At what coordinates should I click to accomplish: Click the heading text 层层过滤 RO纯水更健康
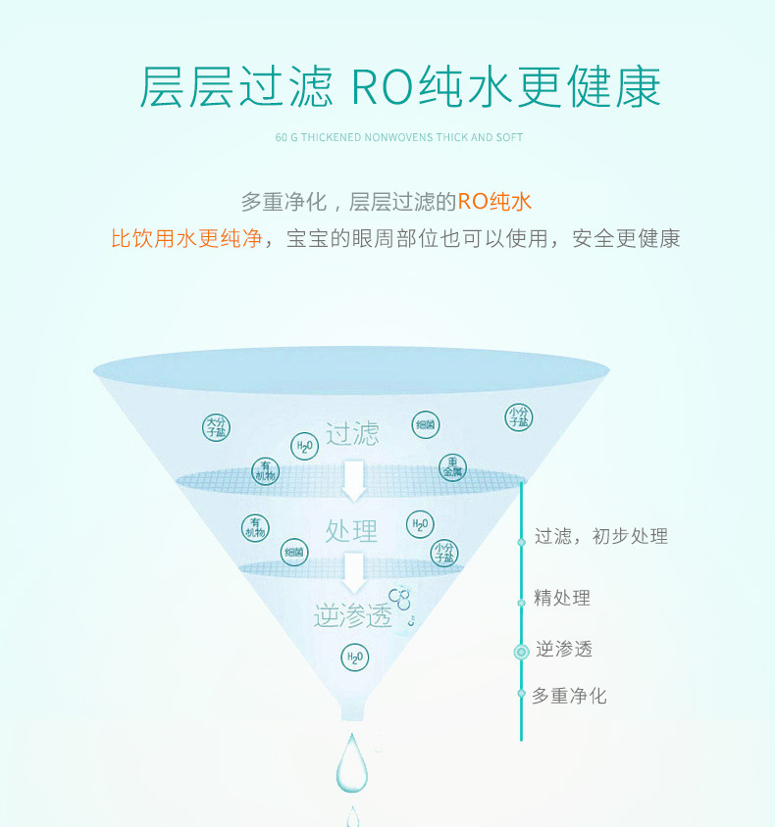pos(399,86)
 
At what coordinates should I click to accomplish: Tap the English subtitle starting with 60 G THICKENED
pos(399,137)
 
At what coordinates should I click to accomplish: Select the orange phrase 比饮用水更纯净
pos(186,238)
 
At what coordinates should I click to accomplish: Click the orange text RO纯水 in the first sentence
pos(494,203)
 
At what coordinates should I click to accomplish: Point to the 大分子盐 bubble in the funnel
pos(217,427)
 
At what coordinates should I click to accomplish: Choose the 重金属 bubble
pos(452,467)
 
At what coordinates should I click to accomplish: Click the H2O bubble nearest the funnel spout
pos(354,657)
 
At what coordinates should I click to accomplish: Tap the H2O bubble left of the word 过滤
pos(304,447)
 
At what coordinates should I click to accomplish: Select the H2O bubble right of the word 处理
pos(420,524)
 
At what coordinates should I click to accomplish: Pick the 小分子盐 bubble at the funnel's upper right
pos(519,417)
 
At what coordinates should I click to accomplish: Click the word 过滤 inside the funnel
pos(352,434)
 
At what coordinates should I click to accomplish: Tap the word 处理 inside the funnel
pos(351,531)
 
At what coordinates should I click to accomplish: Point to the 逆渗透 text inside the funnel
pos(352,615)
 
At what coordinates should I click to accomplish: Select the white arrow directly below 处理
pos(353,571)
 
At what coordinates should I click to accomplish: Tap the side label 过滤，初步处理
pos(600,536)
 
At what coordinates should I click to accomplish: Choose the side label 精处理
pos(562,598)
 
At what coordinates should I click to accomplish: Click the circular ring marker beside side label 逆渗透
pos(522,651)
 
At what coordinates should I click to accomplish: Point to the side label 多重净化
pos(569,696)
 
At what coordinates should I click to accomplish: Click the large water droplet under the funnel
pos(352,764)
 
